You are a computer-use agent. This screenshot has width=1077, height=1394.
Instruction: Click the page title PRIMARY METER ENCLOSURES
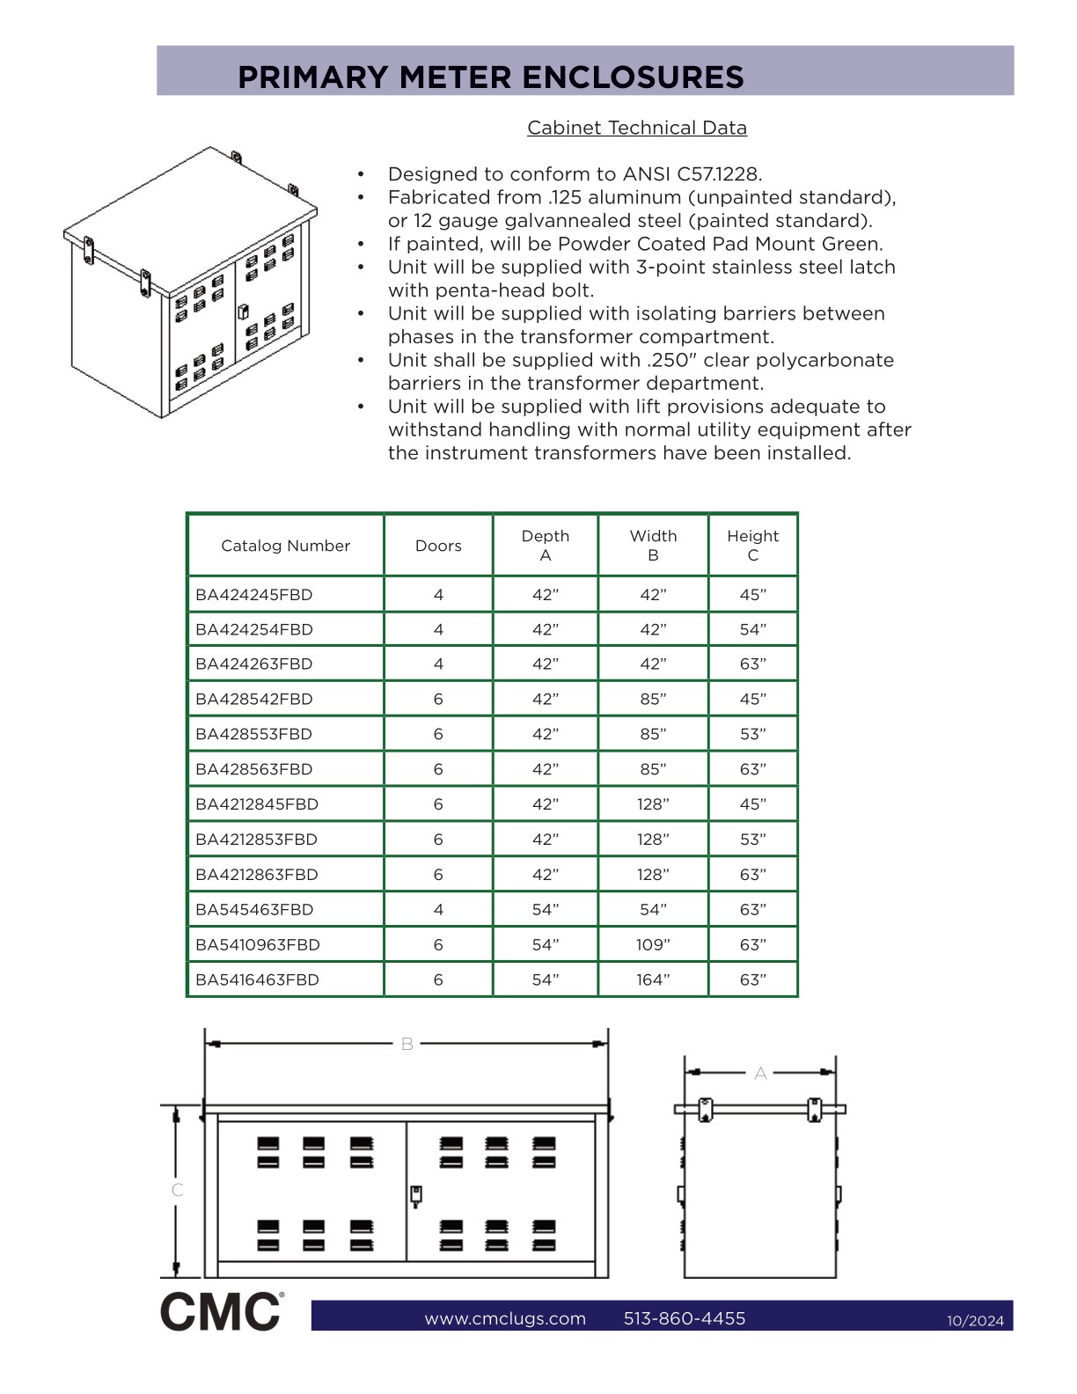[x=491, y=77]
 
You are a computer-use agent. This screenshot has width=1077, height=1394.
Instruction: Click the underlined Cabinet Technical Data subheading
[x=637, y=128]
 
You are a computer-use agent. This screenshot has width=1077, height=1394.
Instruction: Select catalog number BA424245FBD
[x=254, y=595]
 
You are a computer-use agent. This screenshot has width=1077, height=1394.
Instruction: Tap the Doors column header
[x=438, y=546]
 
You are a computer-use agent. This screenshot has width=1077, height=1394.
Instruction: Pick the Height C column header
[x=752, y=546]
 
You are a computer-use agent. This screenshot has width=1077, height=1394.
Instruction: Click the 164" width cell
[x=653, y=979]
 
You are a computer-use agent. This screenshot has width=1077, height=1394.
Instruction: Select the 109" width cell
[x=653, y=944]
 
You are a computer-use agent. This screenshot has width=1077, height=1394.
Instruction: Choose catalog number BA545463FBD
[x=254, y=909]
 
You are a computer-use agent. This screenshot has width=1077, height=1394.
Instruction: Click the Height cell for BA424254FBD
[x=752, y=629]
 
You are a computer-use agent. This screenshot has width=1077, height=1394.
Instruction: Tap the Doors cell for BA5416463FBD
[x=438, y=979]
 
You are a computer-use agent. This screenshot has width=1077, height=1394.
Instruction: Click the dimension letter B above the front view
[x=407, y=1044]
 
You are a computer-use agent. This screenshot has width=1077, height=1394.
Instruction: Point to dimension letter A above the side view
[x=760, y=1073]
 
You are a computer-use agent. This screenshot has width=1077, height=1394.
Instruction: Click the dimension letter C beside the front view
[x=178, y=1190]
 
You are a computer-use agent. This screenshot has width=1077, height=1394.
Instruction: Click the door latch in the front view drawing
[x=416, y=1195]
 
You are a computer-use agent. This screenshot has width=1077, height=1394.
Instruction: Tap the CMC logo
[x=222, y=1311]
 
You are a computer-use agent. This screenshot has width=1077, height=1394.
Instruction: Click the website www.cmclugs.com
[x=505, y=1318]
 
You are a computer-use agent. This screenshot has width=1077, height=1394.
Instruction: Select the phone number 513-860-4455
[x=685, y=1318]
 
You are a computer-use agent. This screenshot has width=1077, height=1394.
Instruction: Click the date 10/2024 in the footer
[x=975, y=1320]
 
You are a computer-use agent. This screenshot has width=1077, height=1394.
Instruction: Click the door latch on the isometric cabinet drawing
[x=244, y=312]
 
